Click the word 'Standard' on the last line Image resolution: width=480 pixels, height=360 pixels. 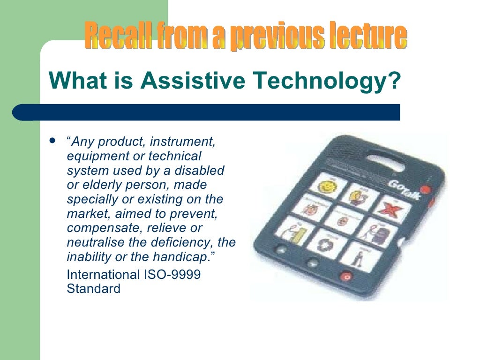pyautogui.click(x=94, y=288)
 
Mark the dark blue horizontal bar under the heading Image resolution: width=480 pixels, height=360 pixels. pyautogui.click(x=206, y=112)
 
